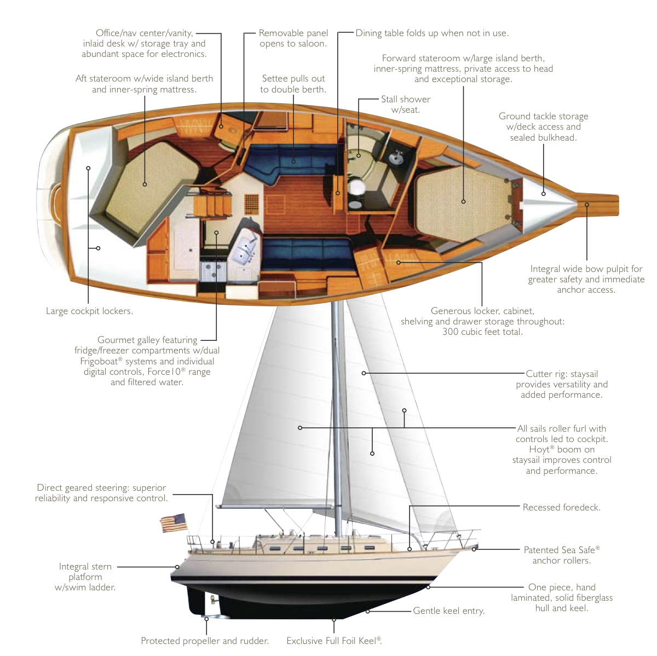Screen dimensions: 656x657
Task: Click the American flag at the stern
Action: [x=173, y=523]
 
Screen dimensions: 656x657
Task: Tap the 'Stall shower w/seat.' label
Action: [x=406, y=105]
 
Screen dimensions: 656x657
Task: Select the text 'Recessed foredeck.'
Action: [x=561, y=508]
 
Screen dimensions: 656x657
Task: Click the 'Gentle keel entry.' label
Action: [x=449, y=611]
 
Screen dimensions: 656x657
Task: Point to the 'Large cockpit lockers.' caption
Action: [x=89, y=311]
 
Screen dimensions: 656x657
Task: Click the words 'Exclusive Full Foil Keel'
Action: [x=331, y=641]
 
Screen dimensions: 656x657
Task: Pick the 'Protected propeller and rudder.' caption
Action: [x=205, y=641]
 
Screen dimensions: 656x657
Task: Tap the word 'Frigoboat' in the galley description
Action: [x=101, y=362]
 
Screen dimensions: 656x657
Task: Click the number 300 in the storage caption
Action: [x=452, y=332]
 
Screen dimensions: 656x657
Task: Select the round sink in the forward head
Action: [x=395, y=158]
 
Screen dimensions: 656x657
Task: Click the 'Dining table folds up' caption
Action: [x=432, y=33]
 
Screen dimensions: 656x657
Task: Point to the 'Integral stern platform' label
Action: [x=85, y=577]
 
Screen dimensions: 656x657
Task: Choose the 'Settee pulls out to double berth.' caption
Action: [x=293, y=84]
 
